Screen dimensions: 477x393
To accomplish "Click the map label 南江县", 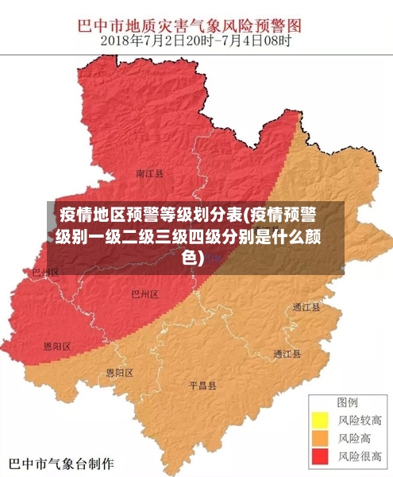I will point(150,173).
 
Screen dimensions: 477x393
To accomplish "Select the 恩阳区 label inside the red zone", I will point(57,347).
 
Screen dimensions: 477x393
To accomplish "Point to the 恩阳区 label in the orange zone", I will point(120,373).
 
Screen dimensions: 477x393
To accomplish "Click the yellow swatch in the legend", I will point(319,420).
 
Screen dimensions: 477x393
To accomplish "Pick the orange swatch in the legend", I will point(319,438).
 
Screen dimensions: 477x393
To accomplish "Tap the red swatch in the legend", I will point(319,456).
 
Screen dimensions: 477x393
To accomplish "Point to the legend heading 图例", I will point(347,402).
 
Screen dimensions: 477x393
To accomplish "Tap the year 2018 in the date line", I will point(116,40).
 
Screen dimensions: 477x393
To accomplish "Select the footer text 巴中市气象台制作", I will point(61,463).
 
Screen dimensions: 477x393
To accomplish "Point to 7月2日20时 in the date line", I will point(181,40).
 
